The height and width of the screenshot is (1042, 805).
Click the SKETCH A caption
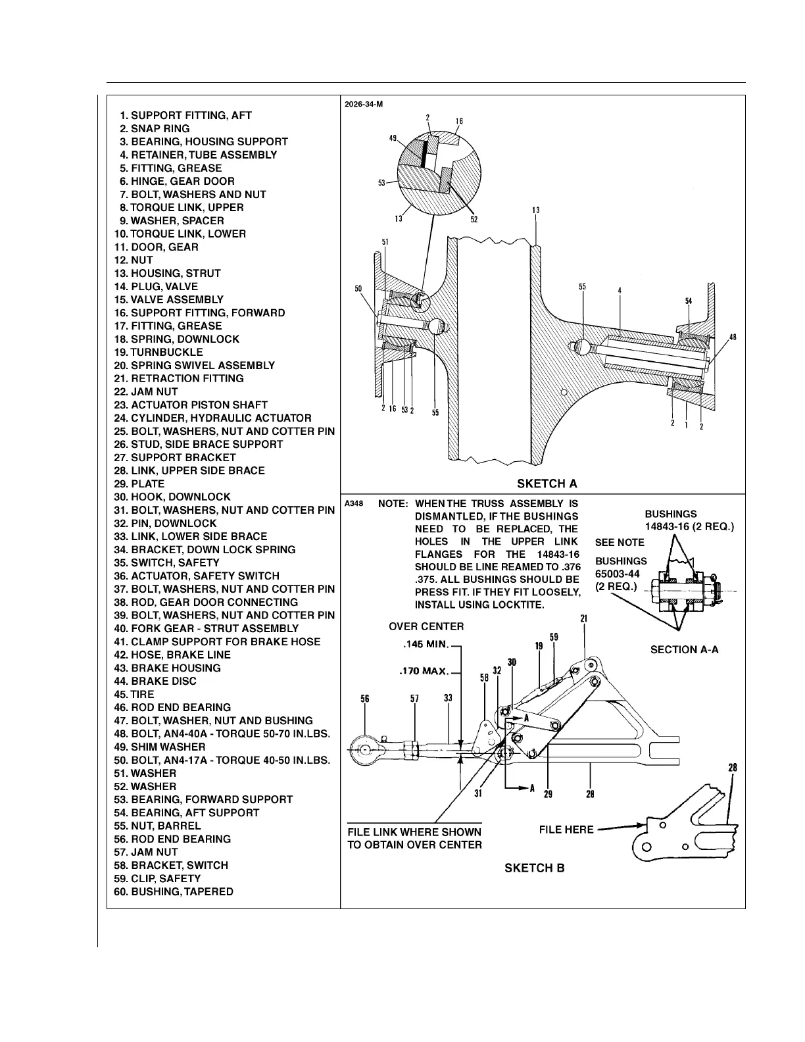547,484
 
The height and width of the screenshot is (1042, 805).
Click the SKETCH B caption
534,868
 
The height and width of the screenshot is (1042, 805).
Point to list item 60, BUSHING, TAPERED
174,891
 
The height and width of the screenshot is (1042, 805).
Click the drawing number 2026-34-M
364,104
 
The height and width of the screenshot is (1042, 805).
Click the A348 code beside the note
354,503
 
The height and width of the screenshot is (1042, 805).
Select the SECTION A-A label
684,649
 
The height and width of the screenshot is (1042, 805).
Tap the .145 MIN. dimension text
425,644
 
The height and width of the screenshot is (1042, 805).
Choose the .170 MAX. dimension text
424,672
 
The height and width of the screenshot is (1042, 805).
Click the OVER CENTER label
426,626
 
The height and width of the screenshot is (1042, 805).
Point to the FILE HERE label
566,830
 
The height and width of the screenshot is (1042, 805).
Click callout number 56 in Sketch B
365,699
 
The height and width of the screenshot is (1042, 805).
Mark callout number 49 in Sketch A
393,139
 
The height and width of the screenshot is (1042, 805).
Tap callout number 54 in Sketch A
689,301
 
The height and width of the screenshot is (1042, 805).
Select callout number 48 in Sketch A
733,337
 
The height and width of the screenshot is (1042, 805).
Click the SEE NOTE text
620,542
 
